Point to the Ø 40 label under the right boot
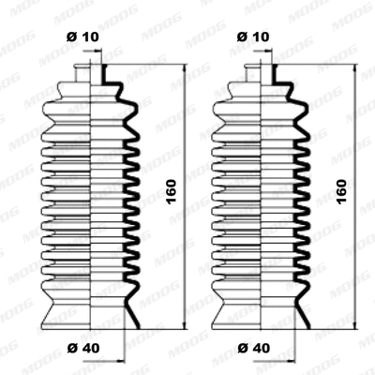(253, 350)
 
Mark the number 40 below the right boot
(262, 350)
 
